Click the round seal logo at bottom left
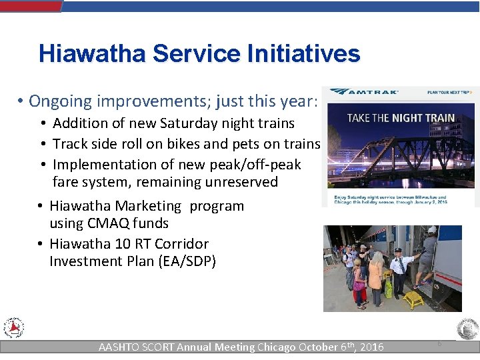click(x=13, y=328)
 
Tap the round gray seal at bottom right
click(x=467, y=329)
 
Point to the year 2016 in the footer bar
click(x=371, y=347)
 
